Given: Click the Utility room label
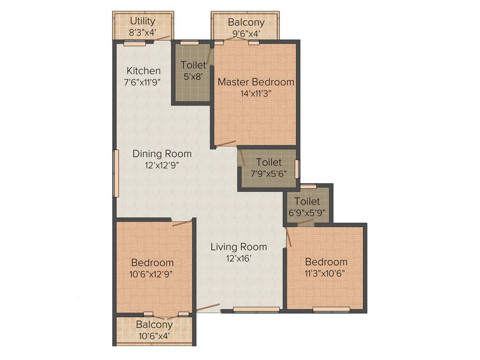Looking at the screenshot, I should [x=142, y=21].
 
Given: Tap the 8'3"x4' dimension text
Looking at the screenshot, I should [x=142, y=32].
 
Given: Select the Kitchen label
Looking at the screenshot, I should [x=144, y=71].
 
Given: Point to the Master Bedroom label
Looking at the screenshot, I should [x=256, y=82].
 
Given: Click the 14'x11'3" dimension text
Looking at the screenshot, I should [x=256, y=93].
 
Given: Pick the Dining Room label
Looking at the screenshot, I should [x=162, y=154].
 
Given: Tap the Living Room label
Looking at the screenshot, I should [x=239, y=247].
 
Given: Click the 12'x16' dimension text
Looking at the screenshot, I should [x=239, y=258].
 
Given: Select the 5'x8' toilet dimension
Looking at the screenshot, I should [x=192, y=76].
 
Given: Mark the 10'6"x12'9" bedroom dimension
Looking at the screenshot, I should [x=152, y=274].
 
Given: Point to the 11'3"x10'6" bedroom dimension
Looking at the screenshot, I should [x=326, y=273].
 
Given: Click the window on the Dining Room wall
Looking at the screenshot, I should [x=115, y=173].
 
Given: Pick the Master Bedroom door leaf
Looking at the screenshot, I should [x=226, y=142].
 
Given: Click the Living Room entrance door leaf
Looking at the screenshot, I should [x=208, y=307].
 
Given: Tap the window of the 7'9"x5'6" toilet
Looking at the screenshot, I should [x=297, y=169].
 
